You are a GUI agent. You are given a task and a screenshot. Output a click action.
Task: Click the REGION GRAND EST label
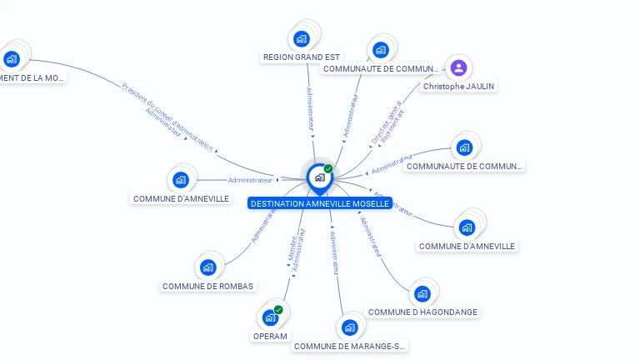[x=302, y=57]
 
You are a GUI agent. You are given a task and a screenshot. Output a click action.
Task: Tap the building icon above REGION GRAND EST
[x=302, y=38]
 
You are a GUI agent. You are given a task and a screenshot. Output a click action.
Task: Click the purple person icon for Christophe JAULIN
[x=457, y=67]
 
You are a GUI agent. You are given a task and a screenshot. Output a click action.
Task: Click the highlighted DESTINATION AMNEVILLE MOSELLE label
[x=319, y=203]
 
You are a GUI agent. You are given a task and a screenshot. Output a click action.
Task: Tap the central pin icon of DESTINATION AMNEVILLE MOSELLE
[x=319, y=177]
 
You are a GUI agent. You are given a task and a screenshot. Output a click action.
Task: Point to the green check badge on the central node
[x=328, y=168]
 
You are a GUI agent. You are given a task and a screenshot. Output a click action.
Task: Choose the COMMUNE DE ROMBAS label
[x=208, y=286]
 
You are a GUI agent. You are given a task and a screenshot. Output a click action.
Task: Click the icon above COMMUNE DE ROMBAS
[x=207, y=267]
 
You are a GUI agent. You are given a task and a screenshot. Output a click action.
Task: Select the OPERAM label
[x=269, y=336]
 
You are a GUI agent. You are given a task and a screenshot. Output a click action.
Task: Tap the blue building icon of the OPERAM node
[x=269, y=317]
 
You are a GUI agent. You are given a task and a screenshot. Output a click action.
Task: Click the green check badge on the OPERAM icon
[x=278, y=310]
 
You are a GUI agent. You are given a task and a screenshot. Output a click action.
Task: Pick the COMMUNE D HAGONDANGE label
[x=422, y=312]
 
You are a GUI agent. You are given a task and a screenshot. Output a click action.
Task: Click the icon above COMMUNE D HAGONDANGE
[x=422, y=293]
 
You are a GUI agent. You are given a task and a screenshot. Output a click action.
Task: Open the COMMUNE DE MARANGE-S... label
[x=350, y=346]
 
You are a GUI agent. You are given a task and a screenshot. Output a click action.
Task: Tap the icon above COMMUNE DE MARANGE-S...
[x=349, y=327]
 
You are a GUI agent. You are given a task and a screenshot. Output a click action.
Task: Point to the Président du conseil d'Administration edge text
[x=167, y=117]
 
